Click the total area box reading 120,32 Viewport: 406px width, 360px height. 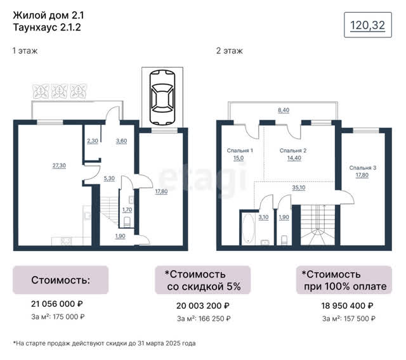(368, 25)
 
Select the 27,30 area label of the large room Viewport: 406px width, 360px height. (59, 165)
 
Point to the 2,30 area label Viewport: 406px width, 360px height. (93, 141)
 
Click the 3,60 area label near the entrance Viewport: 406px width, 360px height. (121, 141)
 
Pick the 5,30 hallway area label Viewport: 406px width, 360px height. (109, 179)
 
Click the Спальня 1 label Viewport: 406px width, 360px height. (240, 150)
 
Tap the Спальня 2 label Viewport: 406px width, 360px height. (293, 150)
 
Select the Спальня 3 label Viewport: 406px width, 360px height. (362, 168)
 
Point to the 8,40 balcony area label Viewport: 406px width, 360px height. (284, 110)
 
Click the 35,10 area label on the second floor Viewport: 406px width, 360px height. (299, 188)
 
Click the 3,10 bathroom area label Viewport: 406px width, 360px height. (263, 217)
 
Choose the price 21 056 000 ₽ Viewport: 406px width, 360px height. (56, 304)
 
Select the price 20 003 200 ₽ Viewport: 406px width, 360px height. (203, 306)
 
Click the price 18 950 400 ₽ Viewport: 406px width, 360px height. (347, 306)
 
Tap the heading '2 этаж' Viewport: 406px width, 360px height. (230, 51)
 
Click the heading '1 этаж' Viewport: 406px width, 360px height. (25, 51)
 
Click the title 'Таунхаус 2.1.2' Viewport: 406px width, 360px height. (47, 27)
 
